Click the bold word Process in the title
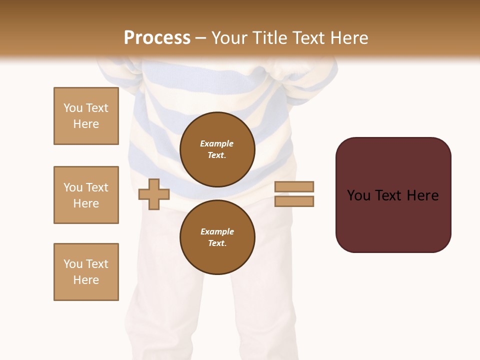(x=157, y=38)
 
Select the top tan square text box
(x=86, y=116)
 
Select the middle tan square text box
(x=86, y=195)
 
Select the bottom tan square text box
(x=86, y=272)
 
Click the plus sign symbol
(x=154, y=194)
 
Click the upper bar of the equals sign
(x=294, y=186)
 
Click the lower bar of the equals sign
(x=294, y=201)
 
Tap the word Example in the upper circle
(x=217, y=143)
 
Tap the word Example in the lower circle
(x=217, y=231)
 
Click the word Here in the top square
(x=86, y=124)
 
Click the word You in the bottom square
(x=73, y=264)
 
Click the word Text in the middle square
(x=97, y=187)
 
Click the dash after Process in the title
(x=201, y=38)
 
